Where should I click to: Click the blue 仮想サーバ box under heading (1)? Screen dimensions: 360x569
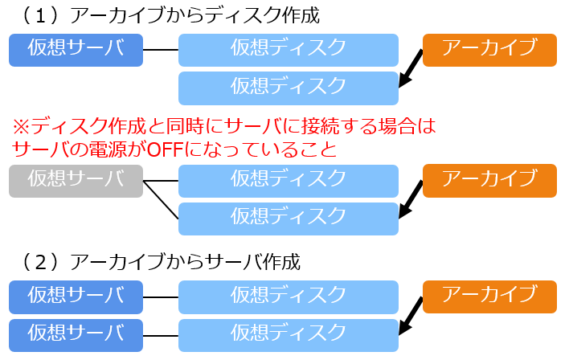[76, 50]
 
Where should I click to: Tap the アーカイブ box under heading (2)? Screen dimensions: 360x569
[489, 297]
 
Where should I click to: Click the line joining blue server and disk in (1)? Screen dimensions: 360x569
[160, 50]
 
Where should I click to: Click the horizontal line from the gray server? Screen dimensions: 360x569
[160, 180]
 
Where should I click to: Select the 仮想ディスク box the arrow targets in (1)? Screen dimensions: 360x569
[288, 88]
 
